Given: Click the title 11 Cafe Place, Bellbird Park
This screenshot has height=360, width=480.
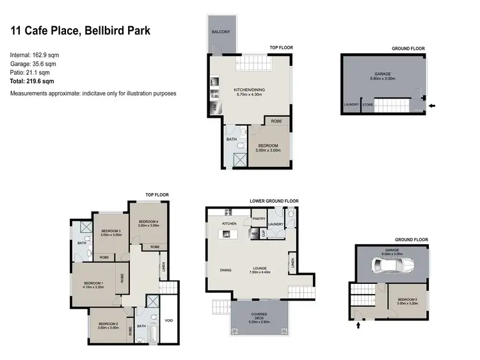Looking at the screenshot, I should (80, 31).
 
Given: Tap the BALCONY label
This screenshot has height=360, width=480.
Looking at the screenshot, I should (221, 31).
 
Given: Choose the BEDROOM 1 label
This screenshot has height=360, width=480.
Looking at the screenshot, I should (93, 283).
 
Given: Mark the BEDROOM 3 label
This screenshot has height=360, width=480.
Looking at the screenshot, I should (111, 231).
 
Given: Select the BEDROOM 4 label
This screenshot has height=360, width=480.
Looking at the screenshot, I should (148, 222).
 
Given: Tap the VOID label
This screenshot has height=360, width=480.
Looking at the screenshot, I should (168, 320).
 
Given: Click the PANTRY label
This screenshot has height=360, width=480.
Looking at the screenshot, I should (259, 219).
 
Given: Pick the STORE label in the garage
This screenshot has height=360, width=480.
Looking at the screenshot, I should (367, 104).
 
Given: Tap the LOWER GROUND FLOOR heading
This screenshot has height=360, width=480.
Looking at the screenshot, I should (274, 201).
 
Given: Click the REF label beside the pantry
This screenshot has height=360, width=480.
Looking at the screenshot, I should (254, 233).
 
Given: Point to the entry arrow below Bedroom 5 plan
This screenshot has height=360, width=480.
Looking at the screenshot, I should (358, 325).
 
